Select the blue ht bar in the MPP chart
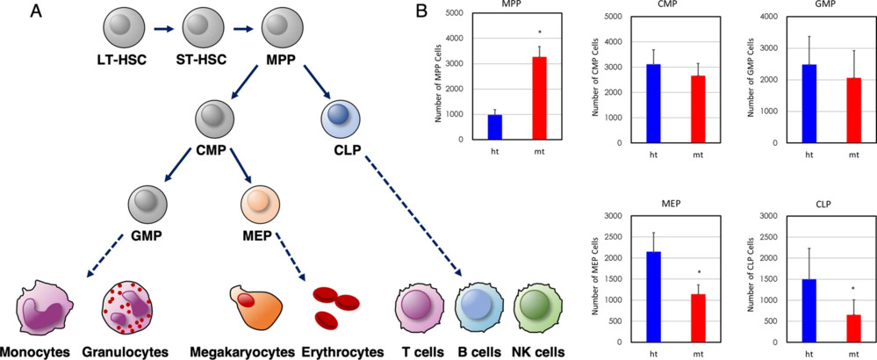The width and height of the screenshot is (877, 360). [495, 126]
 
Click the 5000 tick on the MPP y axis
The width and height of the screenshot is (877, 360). [454, 12]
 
